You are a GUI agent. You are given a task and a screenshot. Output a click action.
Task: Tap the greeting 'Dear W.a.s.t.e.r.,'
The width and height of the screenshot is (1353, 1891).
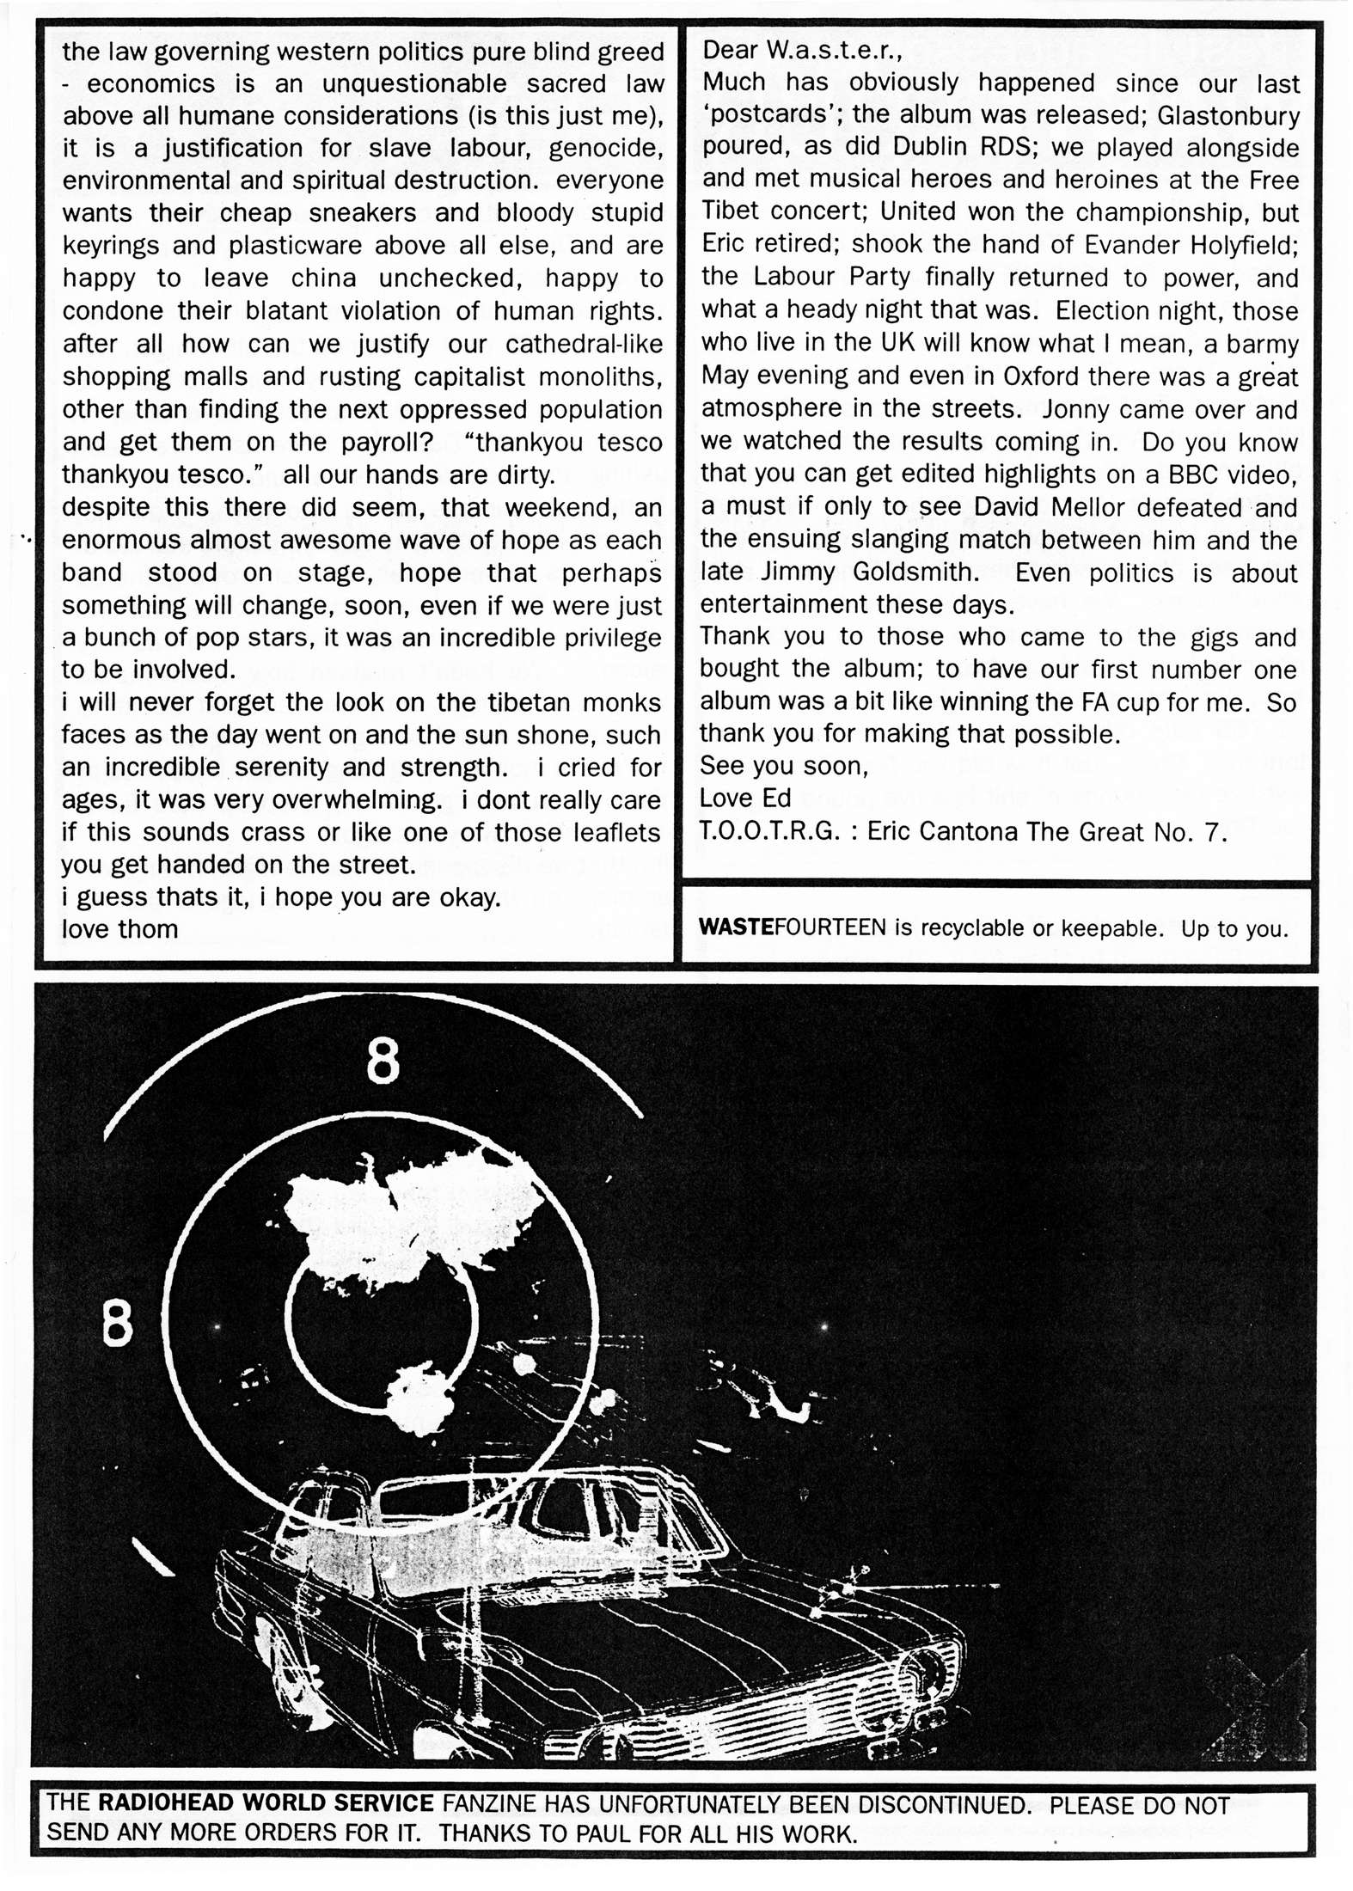point(802,50)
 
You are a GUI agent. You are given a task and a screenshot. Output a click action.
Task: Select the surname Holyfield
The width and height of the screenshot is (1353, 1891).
point(1243,246)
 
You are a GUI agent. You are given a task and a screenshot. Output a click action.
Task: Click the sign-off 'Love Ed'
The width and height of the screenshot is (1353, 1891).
point(745,799)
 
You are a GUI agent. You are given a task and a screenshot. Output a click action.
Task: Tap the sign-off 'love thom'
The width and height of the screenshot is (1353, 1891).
point(119,929)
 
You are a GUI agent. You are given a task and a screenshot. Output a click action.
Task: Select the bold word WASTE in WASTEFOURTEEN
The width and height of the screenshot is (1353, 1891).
point(737,928)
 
